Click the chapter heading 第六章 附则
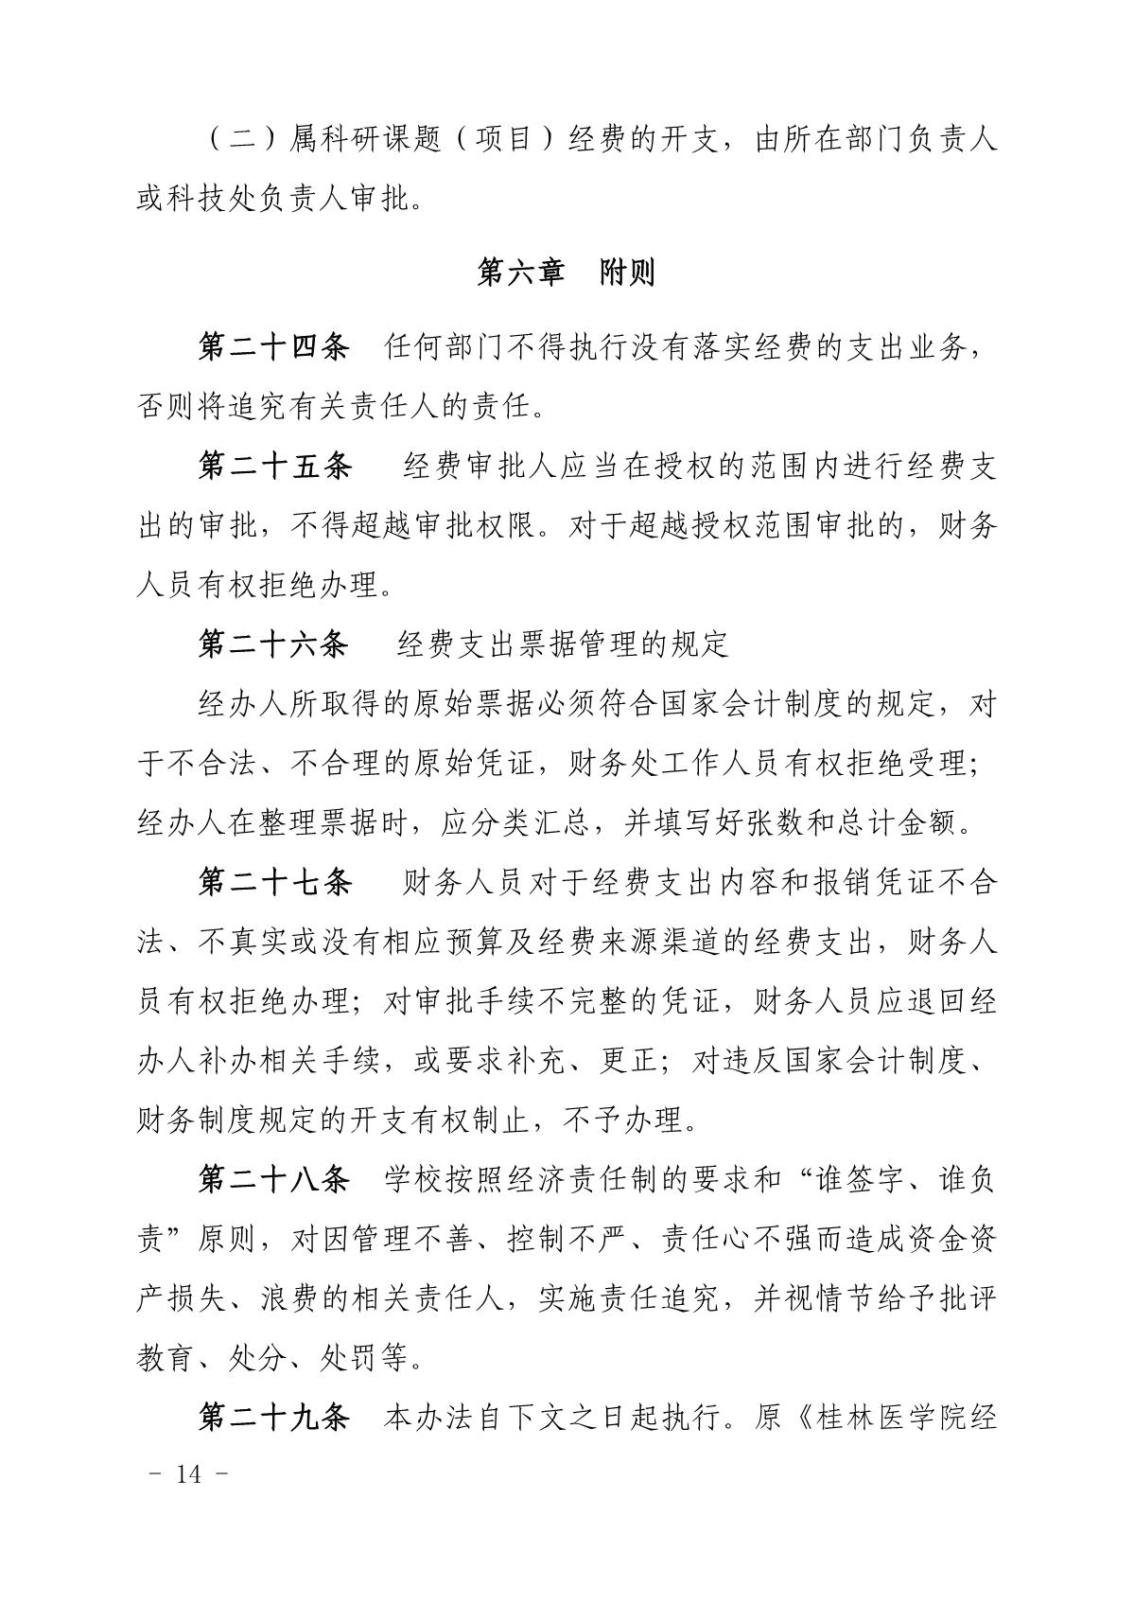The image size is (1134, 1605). pyautogui.click(x=566, y=274)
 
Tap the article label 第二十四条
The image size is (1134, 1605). pyautogui.click(x=273, y=346)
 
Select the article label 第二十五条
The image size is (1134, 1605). pyautogui.click(x=273, y=467)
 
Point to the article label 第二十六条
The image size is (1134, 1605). pyautogui.click(x=273, y=644)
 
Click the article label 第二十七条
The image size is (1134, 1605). pyautogui.click(x=273, y=883)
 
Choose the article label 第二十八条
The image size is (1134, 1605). pyautogui.click(x=273, y=1180)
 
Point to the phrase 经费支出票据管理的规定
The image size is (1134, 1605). pyautogui.click(x=564, y=644)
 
